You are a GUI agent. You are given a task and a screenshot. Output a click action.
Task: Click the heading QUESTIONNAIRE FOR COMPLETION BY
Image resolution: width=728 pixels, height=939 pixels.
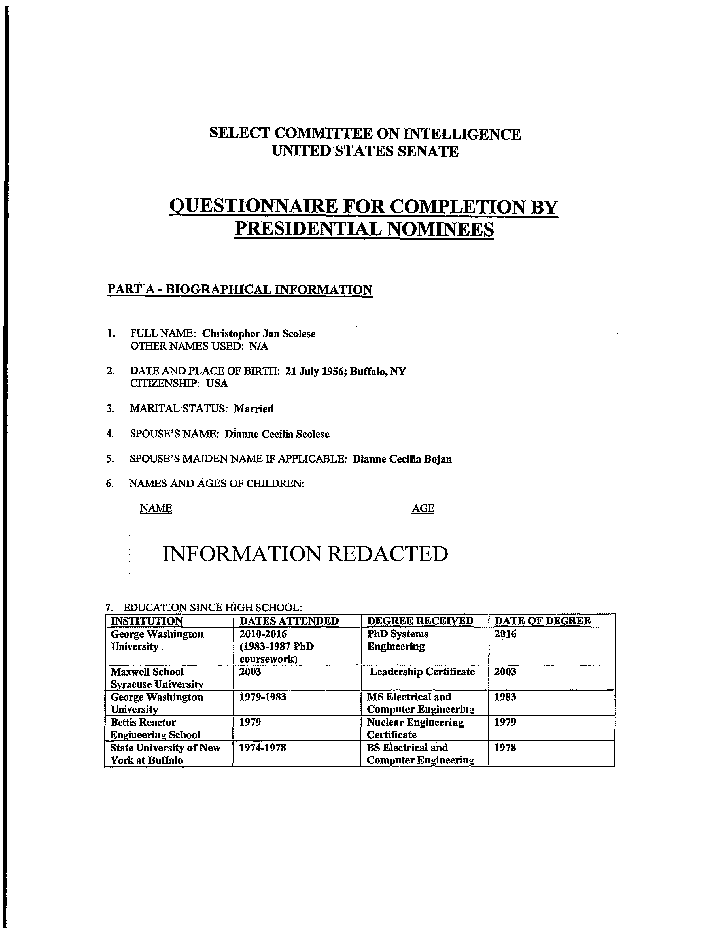pyautogui.click(x=363, y=207)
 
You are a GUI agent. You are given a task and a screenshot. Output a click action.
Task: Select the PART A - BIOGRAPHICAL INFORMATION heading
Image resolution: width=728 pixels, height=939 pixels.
pyautogui.click(x=239, y=289)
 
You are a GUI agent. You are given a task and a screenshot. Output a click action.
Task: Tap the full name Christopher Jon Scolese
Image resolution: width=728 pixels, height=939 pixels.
pyautogui.click(x=259, y=334)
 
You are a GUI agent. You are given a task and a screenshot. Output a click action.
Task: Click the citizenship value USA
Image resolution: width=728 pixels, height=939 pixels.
pyautogui.click(x=217, y=384)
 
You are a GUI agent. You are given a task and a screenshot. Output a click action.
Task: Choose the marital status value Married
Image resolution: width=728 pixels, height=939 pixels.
pyautogui.click(x=253, y=408)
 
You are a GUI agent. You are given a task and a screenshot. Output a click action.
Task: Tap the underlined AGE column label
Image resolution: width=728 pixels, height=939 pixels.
pyautogui.click(x=423, y=509)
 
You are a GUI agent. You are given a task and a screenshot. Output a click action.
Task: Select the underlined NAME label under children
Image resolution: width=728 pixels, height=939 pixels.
pyautogui.click(x=156, y=509)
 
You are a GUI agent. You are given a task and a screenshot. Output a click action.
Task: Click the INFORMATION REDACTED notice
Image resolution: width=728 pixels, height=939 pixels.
pyautogui.click(x=305, y=554)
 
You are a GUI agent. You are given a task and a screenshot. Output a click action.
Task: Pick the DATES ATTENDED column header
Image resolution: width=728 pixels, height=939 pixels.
pyautogui.click(x=288, y=621)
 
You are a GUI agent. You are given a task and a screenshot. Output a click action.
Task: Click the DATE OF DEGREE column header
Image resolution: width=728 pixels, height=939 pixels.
pyautogui.click(x=542, y=621)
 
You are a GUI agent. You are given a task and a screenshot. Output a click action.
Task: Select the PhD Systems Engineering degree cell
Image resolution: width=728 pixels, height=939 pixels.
pyautogui.click(x=398, y=640)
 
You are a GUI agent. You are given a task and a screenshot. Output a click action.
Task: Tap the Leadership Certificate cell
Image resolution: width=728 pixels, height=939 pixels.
pyautogui.click(x=422, y=672)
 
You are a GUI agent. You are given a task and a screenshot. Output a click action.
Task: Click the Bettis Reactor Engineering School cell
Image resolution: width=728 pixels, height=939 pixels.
pyautogui.click(x=156, y=728)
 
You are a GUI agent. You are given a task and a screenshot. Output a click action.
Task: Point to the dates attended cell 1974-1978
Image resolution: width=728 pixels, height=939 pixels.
pyautogui.click(x=262, y=748)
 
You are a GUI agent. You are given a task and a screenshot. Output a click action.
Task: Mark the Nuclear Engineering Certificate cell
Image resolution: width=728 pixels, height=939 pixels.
pyautogui.click(x=415, y=728)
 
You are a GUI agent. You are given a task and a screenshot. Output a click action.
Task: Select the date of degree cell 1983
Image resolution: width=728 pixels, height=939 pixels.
pyautogui.click(x=505, y=697)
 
